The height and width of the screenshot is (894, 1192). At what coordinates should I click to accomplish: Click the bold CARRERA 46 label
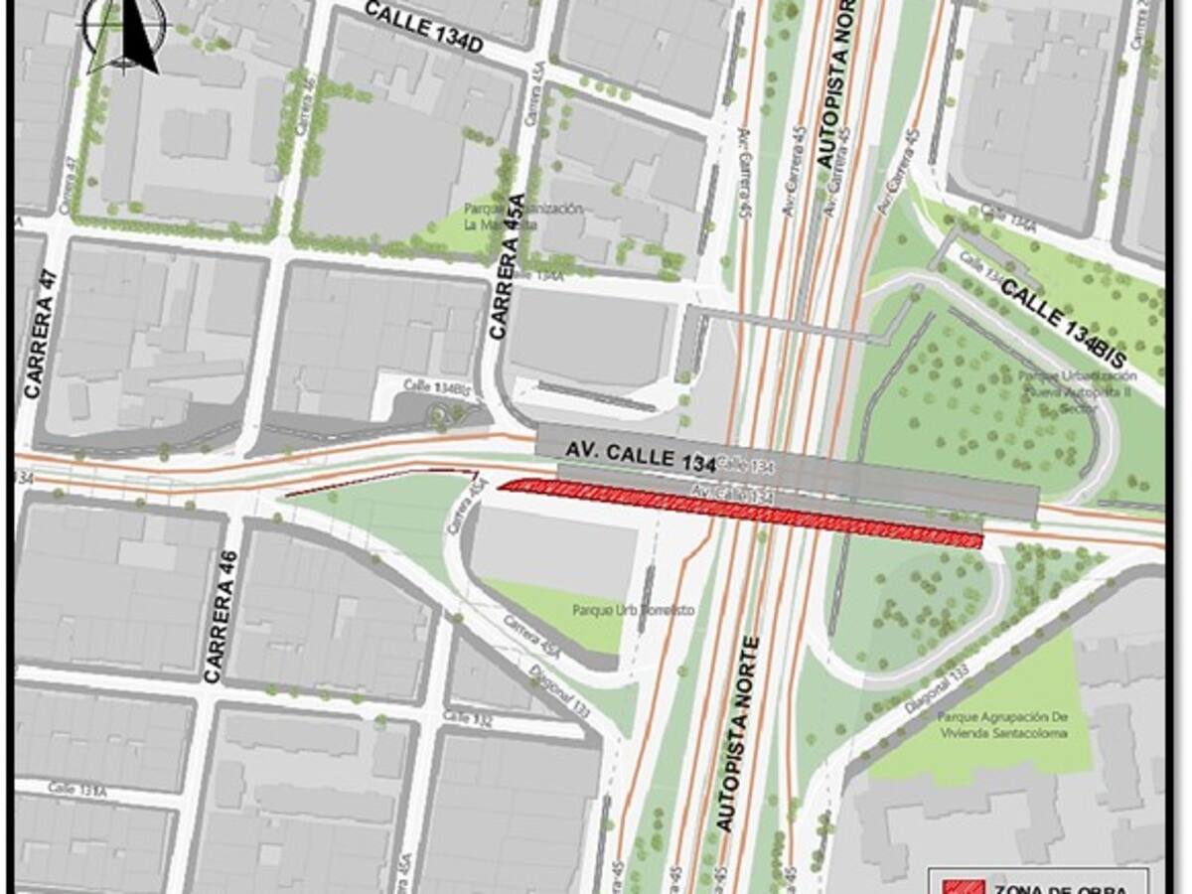[223, 616]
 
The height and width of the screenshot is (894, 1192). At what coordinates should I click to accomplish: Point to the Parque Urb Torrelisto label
[618, 609]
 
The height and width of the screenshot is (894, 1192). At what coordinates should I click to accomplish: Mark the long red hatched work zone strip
[740, 512]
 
